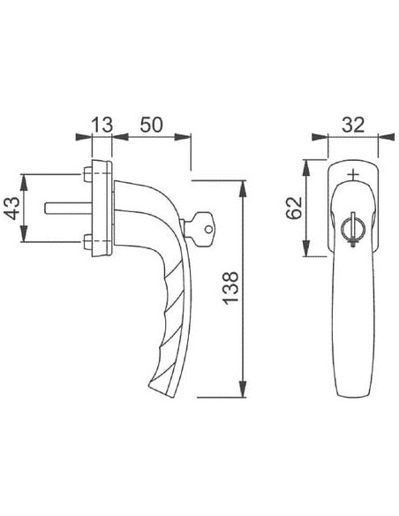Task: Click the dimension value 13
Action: tap(102, 125)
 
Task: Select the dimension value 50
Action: tap(152, 125)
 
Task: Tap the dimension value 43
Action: tap(13, 208)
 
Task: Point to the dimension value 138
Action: tap(230, 288)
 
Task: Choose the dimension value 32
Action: tap(353, 125)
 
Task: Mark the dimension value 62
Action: tap(294, 208)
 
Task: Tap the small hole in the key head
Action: tap(208, 229)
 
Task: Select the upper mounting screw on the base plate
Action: tap(87, 174)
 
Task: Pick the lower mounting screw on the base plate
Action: tap(87, 241)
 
